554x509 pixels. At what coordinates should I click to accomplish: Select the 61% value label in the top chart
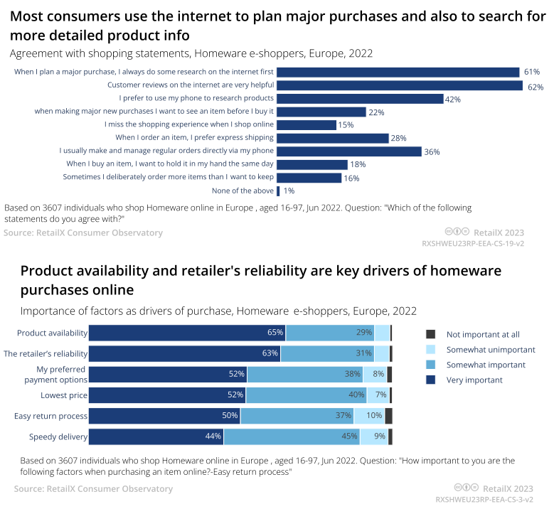coord(532,73)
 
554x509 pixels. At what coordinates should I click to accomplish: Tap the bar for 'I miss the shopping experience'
coord(306,125)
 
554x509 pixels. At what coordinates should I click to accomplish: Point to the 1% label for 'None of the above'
coord(289,191)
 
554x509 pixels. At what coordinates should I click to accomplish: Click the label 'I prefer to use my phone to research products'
coord(196,98)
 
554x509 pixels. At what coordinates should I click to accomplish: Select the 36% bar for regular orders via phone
coord(348,151)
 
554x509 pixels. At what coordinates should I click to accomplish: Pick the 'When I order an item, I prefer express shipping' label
coord(195,138)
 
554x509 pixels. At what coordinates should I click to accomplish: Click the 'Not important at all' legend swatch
coord(430,334)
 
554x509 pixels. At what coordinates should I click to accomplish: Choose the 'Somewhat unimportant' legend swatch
coord(430,350)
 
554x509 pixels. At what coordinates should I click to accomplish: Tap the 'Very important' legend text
coord(474,380)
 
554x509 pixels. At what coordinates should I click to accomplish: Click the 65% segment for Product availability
coord(186,333)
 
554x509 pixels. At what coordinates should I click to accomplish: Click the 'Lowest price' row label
coord(65,395)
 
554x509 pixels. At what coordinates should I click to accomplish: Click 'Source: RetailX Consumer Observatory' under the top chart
coord(83,233)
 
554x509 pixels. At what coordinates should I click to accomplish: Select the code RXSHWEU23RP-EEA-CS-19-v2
coord(473,243)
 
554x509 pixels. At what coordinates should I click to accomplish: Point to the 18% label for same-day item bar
coord(358,165)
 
